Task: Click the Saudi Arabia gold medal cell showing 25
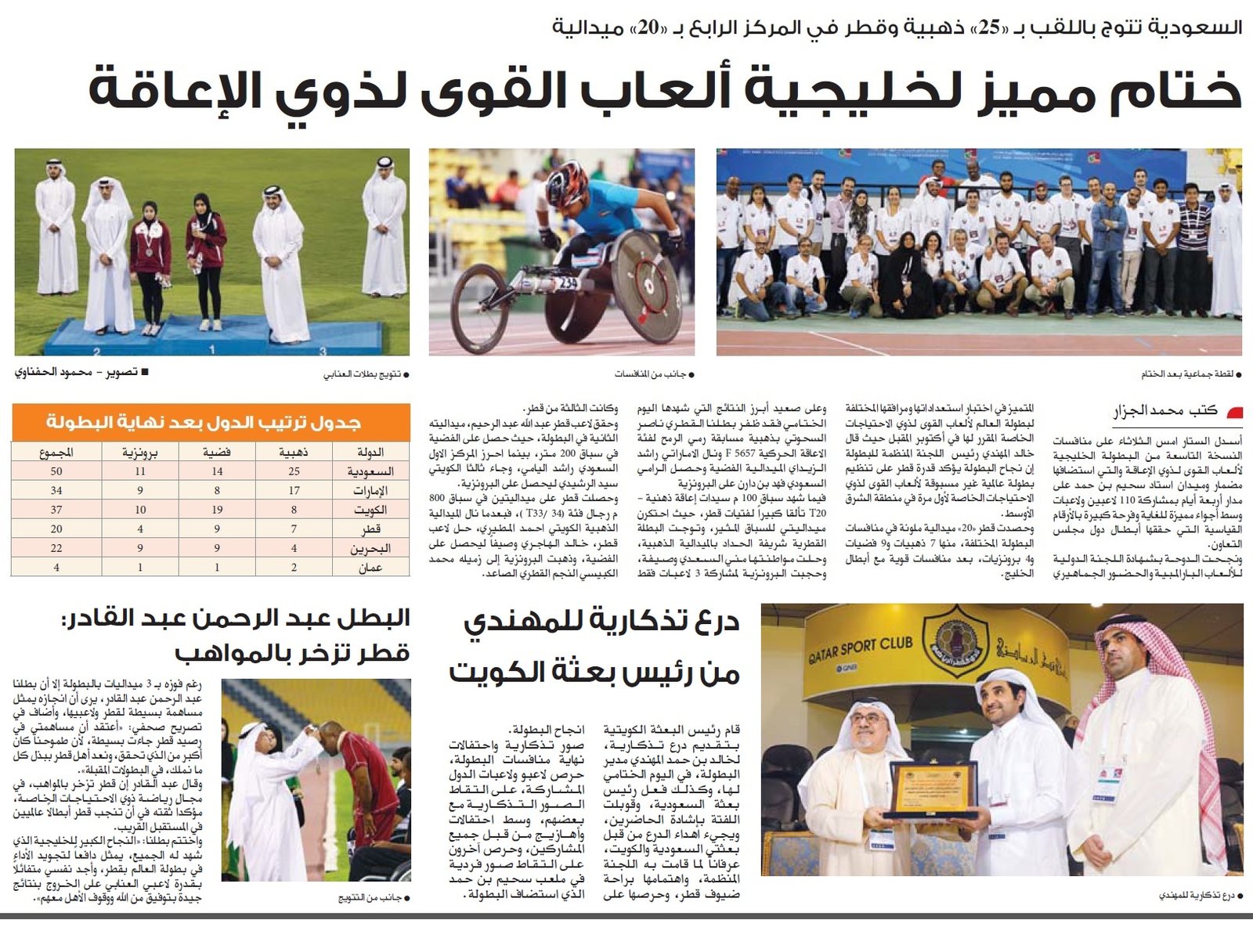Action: tap(294, 471)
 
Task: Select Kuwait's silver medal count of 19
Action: tap(217, 510)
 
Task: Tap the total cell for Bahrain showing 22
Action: tap(56, 548)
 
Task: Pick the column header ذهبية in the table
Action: tap(294, 452)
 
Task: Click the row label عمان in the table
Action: tap(370, 567)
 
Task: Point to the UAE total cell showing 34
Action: tap(56, 491)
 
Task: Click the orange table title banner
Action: tap(211, 423)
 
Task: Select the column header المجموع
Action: tap(56, 452)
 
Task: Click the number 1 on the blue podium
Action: tap(211, 349)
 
